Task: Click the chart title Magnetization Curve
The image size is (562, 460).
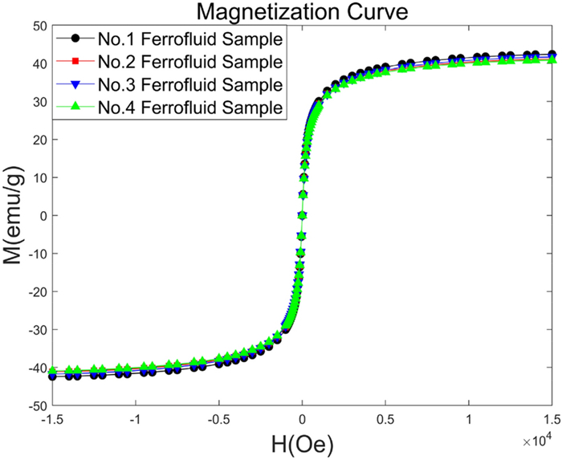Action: point(302,13)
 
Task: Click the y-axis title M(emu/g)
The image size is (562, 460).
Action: point(14,216)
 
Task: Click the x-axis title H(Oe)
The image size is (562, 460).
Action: point(302,443)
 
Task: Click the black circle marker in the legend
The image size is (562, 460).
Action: point(74,38)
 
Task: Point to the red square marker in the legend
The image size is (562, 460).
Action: point(74,61)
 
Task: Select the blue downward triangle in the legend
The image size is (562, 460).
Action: point(74,83)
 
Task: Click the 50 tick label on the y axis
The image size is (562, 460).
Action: point(37,26)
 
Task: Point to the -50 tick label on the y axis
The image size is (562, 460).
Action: point(34,405)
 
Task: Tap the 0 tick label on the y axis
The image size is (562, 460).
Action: point(41,216)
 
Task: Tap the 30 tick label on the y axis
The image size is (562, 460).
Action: point(37,102)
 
